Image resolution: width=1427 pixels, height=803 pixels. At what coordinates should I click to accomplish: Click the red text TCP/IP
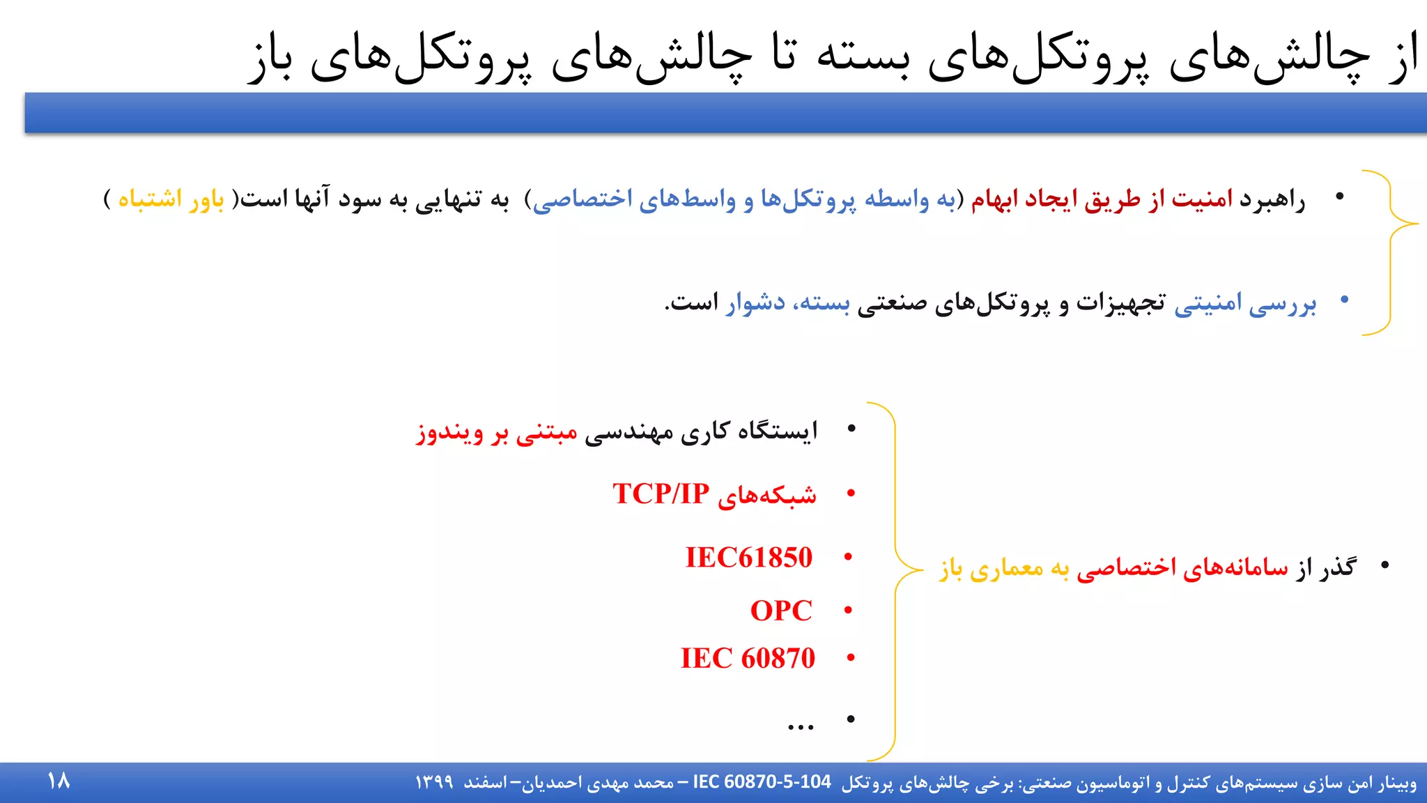point(661,494)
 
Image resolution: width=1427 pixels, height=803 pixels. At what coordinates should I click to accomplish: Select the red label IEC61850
point(748,558)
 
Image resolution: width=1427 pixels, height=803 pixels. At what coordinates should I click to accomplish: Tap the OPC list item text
point(781,611)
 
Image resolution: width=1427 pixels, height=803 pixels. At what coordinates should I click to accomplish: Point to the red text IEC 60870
point(748,659)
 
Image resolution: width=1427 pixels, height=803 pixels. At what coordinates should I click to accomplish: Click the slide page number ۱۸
point(59,781)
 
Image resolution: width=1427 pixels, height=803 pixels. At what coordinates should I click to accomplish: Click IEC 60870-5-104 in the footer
point(762,782)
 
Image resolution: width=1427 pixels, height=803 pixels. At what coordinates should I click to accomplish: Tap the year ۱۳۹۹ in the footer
point(434,783)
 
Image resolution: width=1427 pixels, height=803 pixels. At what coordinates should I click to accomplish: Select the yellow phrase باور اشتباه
point(171,199)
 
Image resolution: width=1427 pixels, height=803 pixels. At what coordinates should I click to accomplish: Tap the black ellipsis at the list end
point(801,726)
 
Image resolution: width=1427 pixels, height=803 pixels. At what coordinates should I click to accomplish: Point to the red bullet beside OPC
point(848,611)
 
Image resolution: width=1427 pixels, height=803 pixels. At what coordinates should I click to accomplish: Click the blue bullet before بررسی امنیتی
point(1344,300)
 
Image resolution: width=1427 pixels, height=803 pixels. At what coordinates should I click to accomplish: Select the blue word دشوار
point(755,303)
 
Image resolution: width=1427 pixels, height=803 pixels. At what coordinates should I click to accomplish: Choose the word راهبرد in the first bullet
point(1272,200)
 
